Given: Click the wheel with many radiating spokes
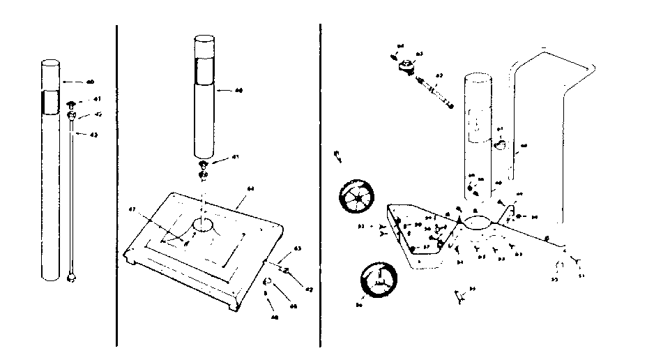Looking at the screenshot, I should tap(357, 198).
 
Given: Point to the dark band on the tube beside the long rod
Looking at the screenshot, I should tap(51, 101).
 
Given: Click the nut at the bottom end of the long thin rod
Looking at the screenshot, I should tap(71, 278).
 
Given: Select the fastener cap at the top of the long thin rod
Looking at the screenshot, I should tap(70, 105).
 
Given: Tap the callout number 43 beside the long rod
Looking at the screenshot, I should tap(93, 135).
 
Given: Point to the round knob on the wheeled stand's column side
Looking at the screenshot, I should tap(500, 144).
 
